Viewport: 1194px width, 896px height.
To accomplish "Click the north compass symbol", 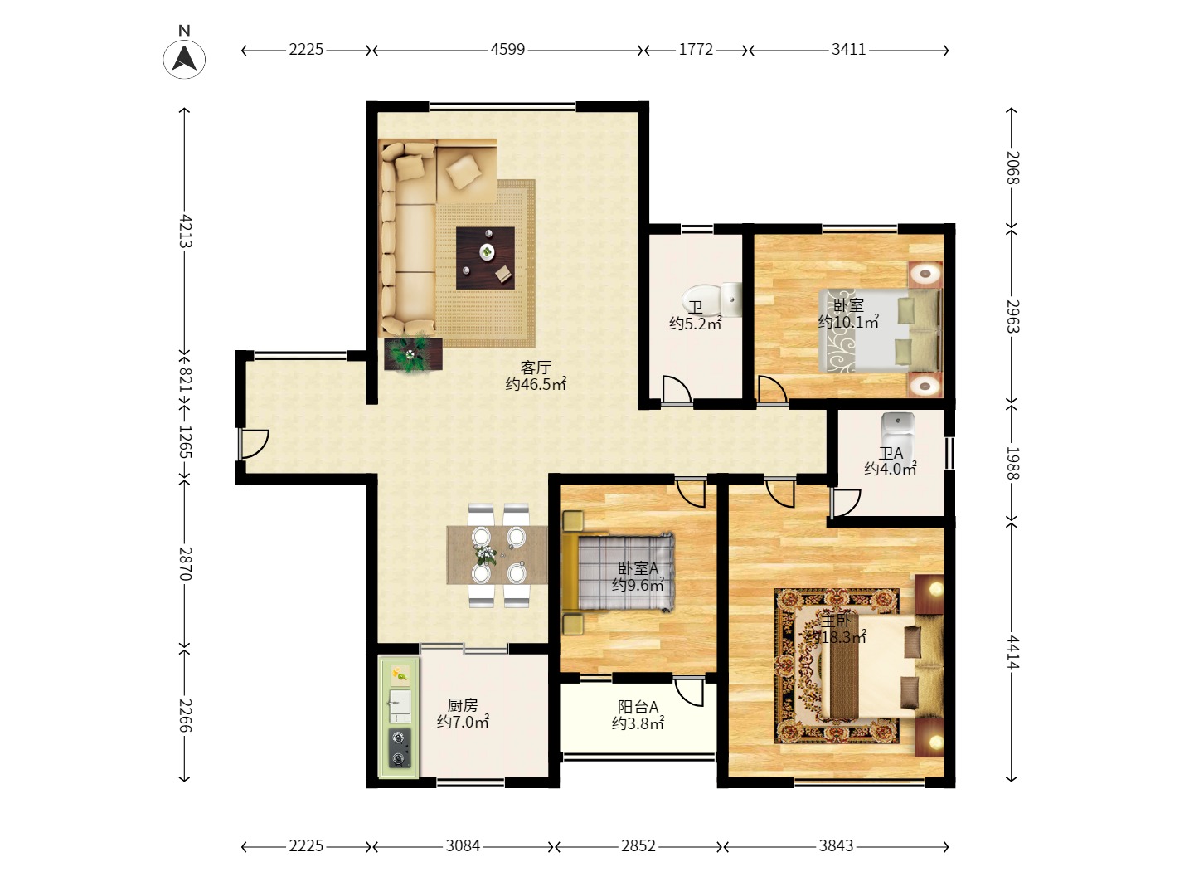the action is coord(184,57).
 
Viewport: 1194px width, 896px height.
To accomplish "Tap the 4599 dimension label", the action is coord(507,50).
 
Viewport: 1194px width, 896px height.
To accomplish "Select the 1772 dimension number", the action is coord(696,50).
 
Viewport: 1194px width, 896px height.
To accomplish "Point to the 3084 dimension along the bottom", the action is coord(463,846).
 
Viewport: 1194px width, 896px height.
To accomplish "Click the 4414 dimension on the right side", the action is coord(1012,652).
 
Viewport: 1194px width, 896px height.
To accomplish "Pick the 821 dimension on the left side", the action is coord(185,379).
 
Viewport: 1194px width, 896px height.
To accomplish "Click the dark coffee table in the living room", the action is coord(485,258).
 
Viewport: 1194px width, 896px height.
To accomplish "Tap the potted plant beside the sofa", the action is coord(413,354).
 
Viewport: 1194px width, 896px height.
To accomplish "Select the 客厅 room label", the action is coord(536,368).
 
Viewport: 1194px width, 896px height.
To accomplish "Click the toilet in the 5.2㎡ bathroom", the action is coord(711,299).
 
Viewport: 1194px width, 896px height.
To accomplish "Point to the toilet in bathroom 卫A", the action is coord(897,430).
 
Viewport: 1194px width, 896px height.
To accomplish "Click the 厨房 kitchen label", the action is coord(463,705).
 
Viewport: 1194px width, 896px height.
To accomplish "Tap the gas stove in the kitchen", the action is coord(400,748).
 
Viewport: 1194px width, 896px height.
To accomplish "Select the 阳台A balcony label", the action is coord(638,707).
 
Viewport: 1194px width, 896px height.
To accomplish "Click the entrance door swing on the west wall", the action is coord(254,444).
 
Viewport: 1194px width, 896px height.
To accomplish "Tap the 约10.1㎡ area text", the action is coord(848,322).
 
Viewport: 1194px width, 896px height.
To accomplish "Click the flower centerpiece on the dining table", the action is coord(486,555).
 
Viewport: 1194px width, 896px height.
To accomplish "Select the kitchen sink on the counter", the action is coord(400,706).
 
